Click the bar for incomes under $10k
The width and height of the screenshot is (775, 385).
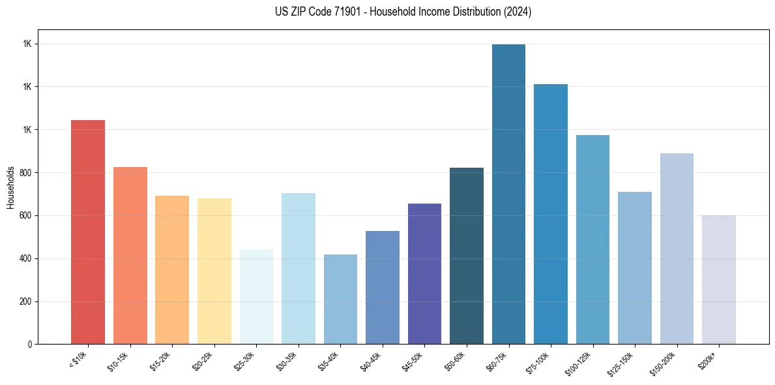pos(88,232)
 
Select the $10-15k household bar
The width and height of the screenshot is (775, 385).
pos(130,255)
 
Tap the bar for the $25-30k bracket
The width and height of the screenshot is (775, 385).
pos(256,296)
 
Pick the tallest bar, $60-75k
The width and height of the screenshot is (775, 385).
pos(508,194)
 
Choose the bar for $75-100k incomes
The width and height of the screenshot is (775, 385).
pos(550,214)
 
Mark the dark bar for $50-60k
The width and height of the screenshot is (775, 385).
pos(467,256)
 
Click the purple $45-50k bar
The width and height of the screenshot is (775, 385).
pos(424,273)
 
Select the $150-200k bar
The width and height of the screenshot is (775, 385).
pos(677,249)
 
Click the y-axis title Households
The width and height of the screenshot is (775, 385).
pos(10,187)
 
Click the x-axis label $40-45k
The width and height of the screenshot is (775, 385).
pos(372,361)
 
